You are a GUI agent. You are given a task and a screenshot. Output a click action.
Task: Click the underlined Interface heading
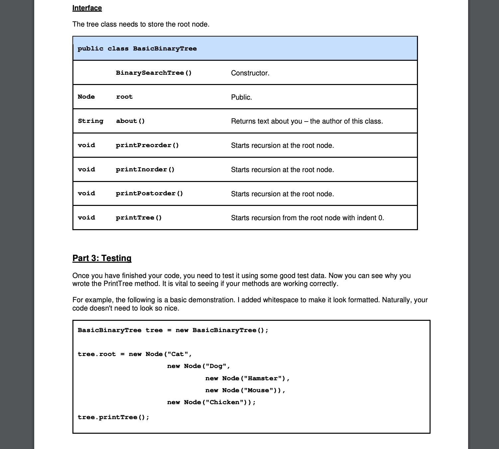(87, 8)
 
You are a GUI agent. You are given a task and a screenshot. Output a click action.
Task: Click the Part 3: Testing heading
(102, 258)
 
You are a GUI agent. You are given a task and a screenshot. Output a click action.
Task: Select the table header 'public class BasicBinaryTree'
(137, 48)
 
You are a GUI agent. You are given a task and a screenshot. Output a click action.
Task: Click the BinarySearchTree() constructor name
(154, 73)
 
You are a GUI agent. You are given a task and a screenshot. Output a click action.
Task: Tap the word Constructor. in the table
(250, 73)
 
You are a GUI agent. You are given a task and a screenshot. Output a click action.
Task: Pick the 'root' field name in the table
(124, 97)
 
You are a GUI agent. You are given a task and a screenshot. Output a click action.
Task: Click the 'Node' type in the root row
(86, 97)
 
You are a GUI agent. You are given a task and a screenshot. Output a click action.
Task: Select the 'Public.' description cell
(242, 97)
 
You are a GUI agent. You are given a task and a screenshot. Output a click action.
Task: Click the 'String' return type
(90, 121)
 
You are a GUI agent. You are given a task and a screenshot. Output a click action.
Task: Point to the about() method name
(130, 121)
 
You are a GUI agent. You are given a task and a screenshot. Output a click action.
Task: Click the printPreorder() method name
(148, 145)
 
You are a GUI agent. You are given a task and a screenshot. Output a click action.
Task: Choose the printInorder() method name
(145, 170)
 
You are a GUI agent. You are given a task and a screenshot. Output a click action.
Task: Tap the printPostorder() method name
(150, 194)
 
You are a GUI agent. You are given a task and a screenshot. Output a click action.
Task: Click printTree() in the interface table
(139, 218)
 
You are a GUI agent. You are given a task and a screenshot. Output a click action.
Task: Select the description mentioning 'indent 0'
(307, 218)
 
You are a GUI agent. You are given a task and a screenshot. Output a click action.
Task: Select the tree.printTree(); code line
(114, 417)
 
